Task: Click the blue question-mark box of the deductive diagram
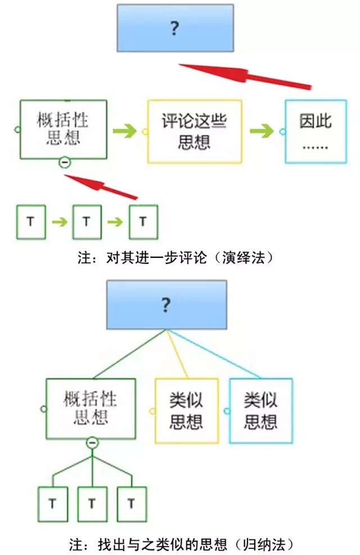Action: point(175,28)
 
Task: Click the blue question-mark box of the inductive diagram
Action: point(166,305)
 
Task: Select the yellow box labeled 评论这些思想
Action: point(195,132)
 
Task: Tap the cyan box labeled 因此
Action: point(316,132)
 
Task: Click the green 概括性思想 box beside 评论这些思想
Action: point(63,129)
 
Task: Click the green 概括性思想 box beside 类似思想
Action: point(91,408)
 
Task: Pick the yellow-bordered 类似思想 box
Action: point(186,410)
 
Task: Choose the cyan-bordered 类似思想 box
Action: point(260,410)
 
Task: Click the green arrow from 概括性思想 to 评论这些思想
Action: point(125,131)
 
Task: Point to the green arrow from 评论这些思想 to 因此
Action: point(262,131)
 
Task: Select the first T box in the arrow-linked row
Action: point(30,222)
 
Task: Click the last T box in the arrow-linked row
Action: point(143,222)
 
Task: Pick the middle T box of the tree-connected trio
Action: point(92,503)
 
